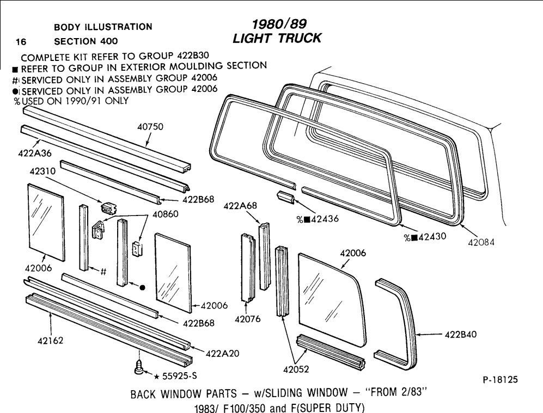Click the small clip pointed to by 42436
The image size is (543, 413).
[x=285, y=196]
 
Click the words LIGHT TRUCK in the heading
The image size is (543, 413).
[x=277, y=38]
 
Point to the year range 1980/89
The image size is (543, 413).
[x=279, y=24]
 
